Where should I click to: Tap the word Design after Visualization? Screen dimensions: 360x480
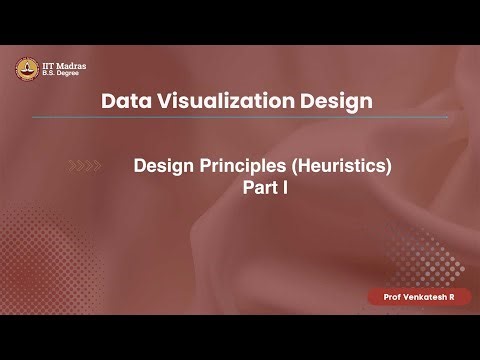345,101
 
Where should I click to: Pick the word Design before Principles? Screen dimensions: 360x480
162,165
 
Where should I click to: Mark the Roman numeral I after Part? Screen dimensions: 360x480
286,186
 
